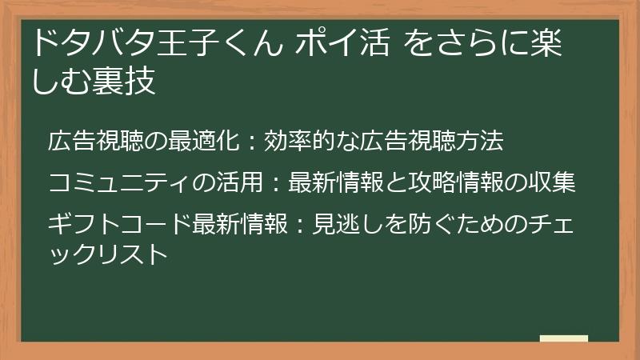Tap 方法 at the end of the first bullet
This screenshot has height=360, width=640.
coord(484,142)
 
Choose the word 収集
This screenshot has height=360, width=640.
coord(555,182)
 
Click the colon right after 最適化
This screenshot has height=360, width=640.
coord(250,143)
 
